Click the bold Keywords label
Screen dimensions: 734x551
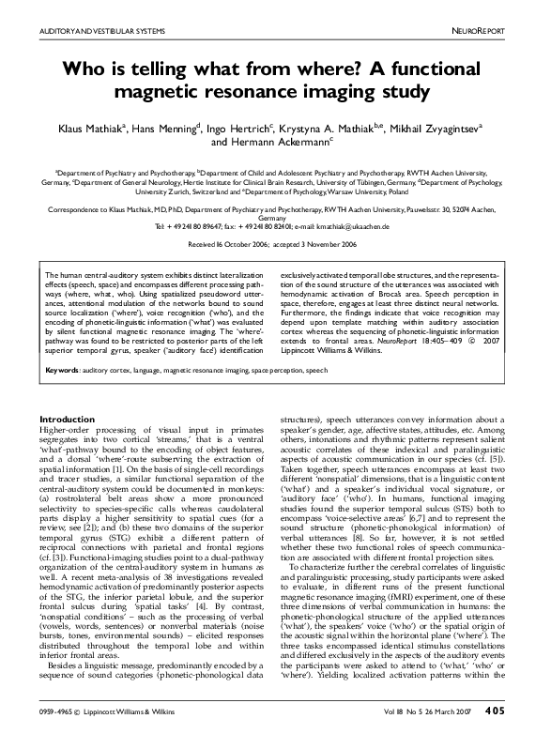(x=63, y=371)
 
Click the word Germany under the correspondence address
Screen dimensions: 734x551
(x=275, y=219)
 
